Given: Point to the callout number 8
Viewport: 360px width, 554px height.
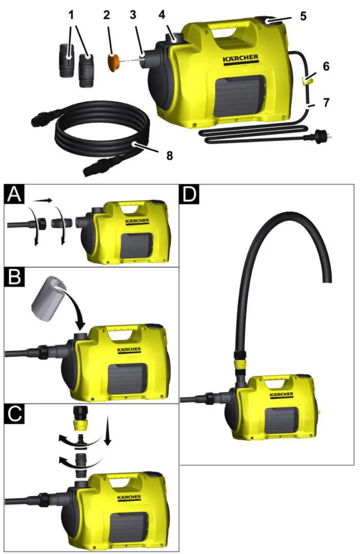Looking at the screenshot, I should point(169,155).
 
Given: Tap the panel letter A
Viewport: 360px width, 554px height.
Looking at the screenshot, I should point(15,194).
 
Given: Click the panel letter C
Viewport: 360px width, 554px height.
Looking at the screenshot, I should point(15,415).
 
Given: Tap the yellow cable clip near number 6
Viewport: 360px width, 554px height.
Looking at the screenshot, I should point(308,79).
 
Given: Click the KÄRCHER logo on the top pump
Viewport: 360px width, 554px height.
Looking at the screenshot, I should point(240,59).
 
